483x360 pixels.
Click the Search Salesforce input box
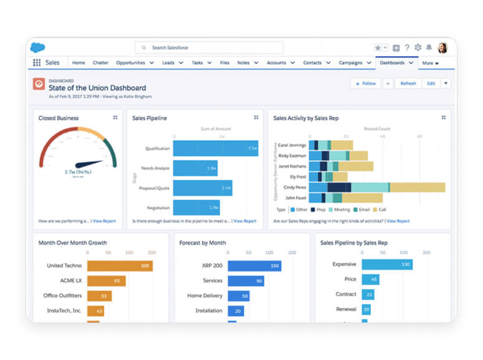tap(209, 47)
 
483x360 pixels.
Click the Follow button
tap(365, 83)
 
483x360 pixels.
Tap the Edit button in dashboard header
tap(431, 83)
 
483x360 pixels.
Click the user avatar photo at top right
tap(443, 47)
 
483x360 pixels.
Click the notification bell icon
tap(429, 47)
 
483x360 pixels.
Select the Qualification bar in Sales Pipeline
tap(215, 148)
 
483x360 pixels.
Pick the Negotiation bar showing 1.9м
tap(196, 207)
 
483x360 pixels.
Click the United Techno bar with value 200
tap(120, 266)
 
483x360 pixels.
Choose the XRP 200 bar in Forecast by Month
tap(254, 266)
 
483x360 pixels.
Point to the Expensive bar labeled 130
tap(387, 264)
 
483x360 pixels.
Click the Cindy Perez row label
tap(294, 187)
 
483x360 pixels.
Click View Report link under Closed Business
tap(104, 221)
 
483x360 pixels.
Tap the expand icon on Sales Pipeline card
tap(256, 117)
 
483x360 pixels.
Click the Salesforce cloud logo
tap(38, 47)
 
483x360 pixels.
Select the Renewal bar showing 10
tap(367, 309)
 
